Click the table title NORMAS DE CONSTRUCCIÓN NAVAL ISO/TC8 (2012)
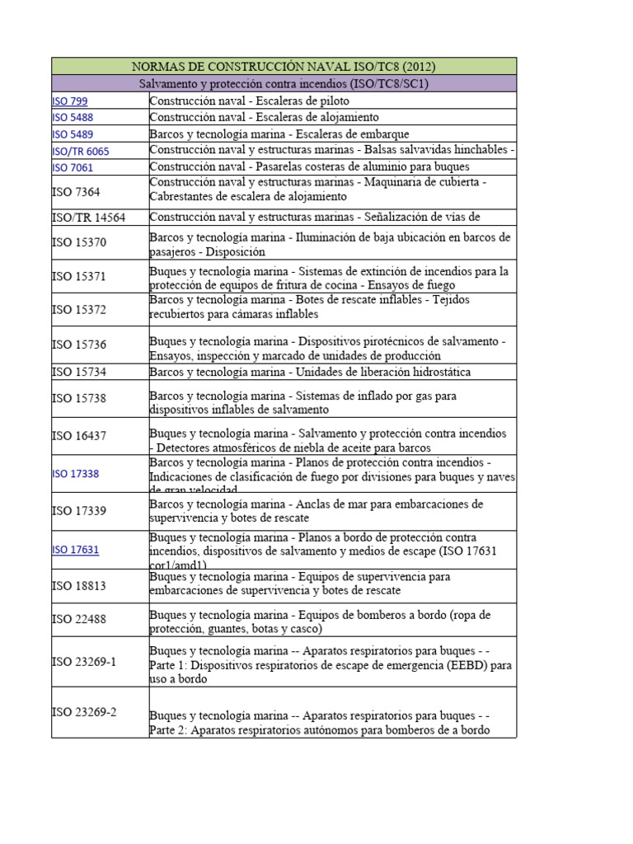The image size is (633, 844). (x=284, y=66)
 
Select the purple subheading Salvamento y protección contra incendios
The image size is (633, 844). (x=284, y=83)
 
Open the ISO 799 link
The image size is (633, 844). (x=70, y=101)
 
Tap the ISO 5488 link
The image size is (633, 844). (x=73, y=117)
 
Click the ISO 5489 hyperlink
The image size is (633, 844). (x=73, y=134)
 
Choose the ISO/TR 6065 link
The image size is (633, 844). (x=81, y=151)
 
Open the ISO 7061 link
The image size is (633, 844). (x=73, y=167)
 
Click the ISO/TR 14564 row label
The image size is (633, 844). (x=89, y=218)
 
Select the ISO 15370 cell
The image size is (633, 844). (x=79, y=242)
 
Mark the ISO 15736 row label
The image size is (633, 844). (x=79, y=345)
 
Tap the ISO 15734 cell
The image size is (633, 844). (x=79, y=372)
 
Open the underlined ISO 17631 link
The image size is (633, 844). (x=76, y=550)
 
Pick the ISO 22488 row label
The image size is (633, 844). (x=79, y=619)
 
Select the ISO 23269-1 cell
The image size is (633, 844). (x=84, y=660)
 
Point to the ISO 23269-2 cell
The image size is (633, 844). (x=84, y=711)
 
